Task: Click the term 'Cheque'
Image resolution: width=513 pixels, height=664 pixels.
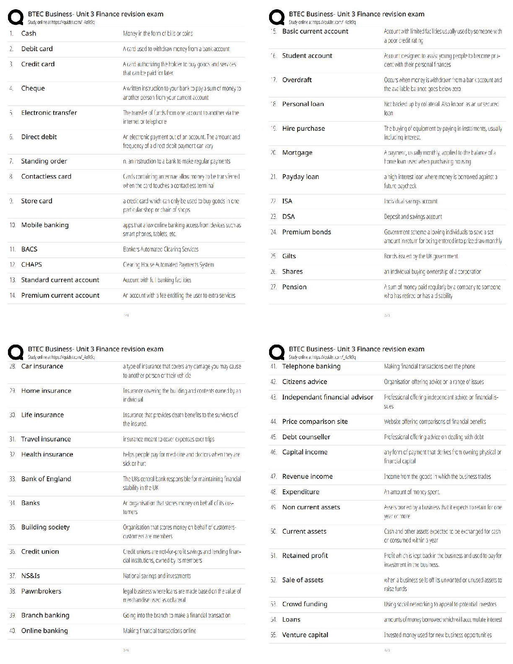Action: pos(33,88)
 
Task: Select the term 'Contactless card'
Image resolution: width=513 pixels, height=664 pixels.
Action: pos(46,176)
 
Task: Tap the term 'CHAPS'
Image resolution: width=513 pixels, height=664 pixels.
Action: pos(31,265)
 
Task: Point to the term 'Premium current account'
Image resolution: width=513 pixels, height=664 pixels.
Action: pos(60,296)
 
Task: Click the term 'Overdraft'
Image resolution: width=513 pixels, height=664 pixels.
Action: pos(297,80)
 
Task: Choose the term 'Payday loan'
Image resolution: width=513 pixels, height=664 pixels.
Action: pos(301,177)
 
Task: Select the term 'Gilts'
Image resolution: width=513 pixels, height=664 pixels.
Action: pos(289,256)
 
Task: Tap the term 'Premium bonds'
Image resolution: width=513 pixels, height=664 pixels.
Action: pos(306,232)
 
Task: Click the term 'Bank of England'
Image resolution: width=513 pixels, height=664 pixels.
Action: pos(46,479)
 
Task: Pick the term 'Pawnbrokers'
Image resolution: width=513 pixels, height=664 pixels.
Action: pos(41,591)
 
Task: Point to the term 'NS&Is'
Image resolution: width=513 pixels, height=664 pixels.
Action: pos(31,576)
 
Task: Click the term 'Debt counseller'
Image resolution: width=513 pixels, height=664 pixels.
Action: pos(306,437)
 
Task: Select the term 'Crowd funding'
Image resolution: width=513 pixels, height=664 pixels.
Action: pos(305,604)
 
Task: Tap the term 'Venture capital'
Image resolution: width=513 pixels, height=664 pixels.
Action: pos(305,635)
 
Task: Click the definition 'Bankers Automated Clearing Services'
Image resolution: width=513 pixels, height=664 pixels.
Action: pos(161,249)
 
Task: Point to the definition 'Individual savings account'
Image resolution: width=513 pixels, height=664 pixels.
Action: pos(410,202)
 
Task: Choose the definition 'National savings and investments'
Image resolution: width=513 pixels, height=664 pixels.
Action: pos(157,576)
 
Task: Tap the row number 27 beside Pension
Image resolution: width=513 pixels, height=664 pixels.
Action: pos(274,287)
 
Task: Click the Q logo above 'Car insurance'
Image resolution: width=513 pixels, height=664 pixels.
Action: pos(16,353)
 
